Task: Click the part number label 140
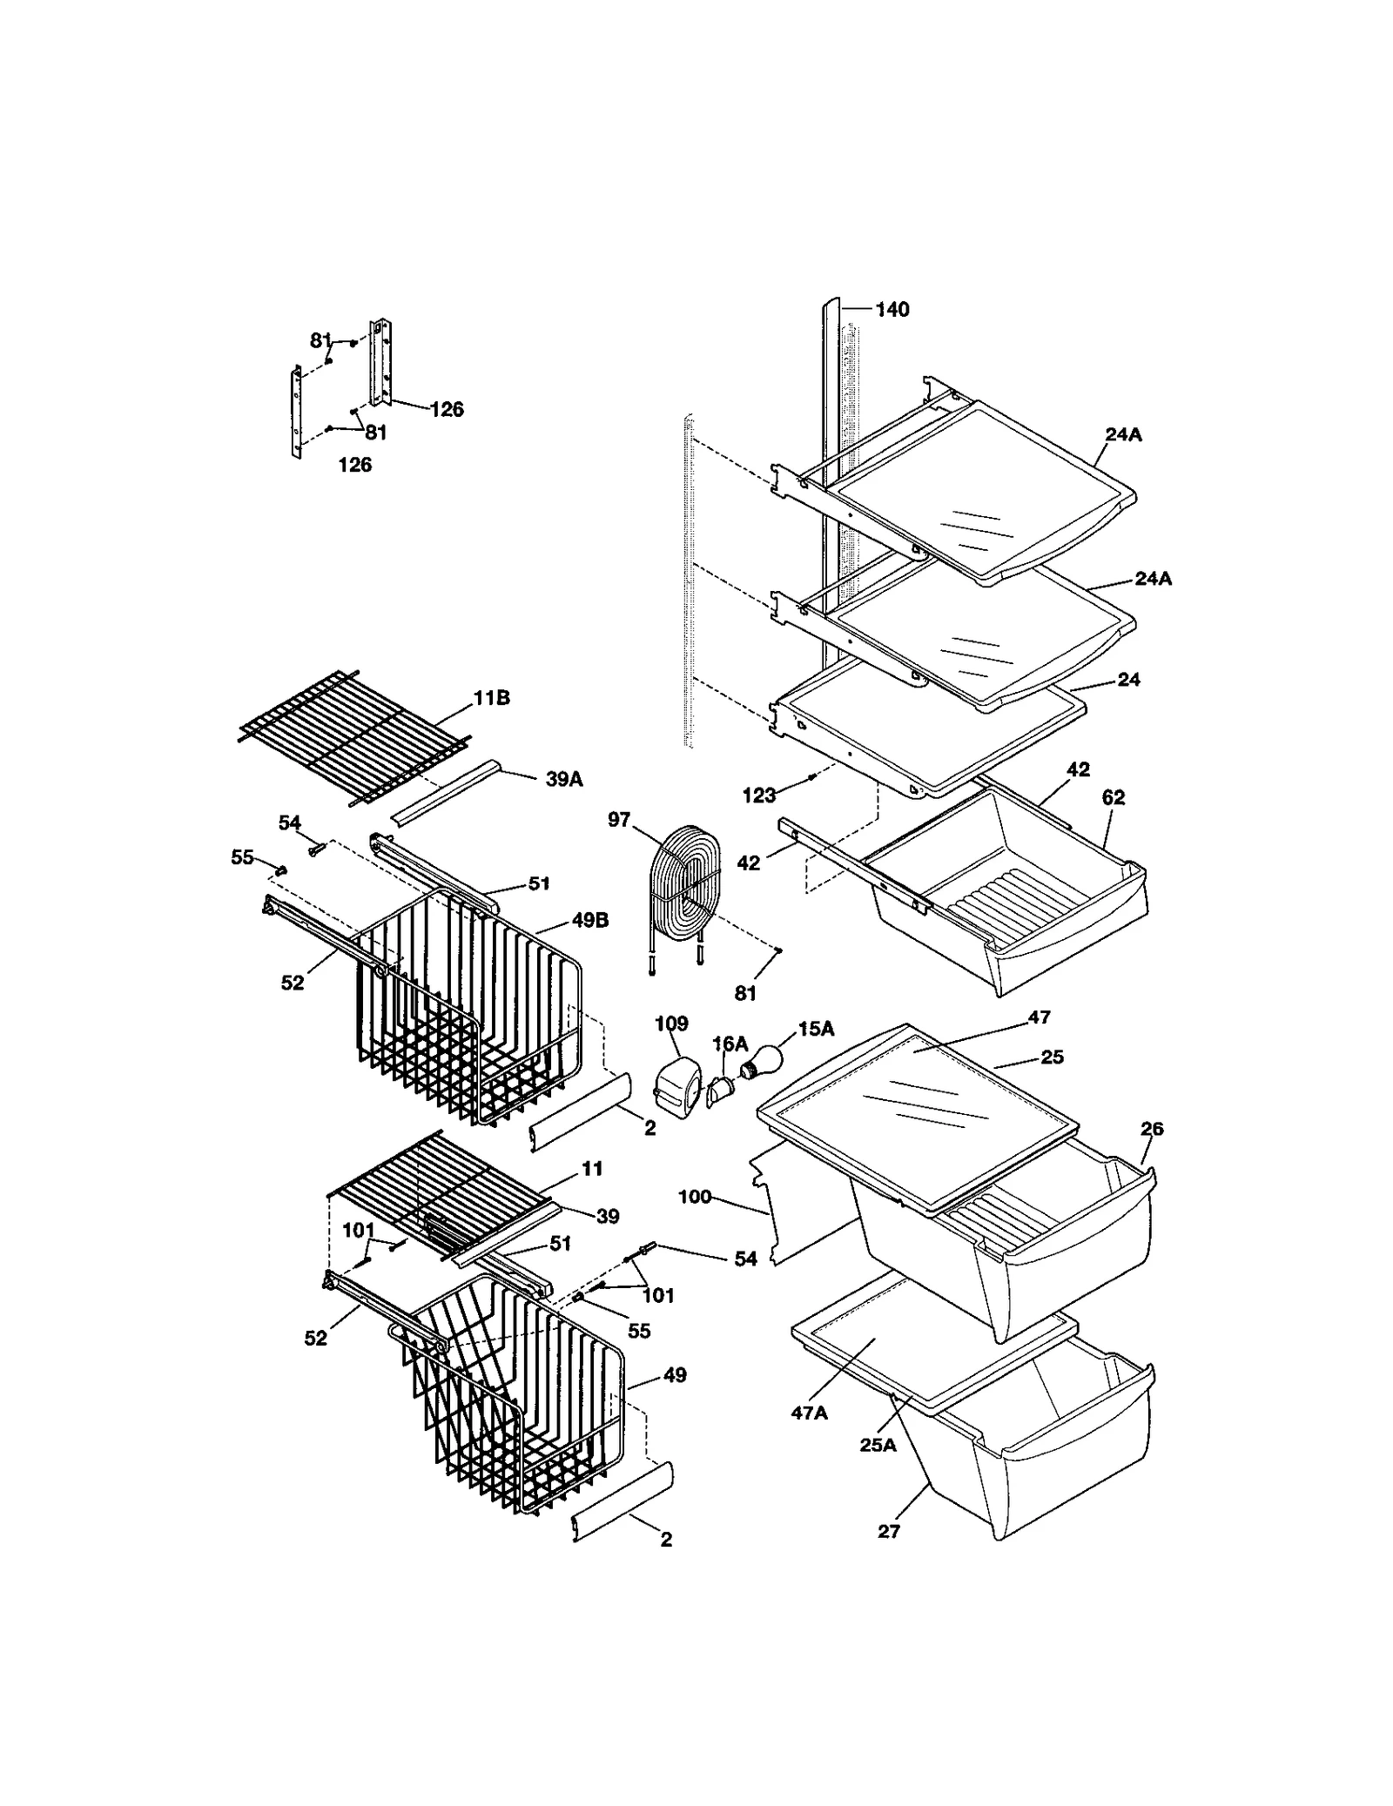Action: [x=892, y=310]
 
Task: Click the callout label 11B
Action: [x=491, y=698]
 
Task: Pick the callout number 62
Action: [x=1113, y=797]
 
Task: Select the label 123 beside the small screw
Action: [x=759, y=795]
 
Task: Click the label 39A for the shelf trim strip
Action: [x=563, y=779]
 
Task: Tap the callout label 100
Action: [x=695, y=1197]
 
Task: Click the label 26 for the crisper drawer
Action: [x=1151, y=1129]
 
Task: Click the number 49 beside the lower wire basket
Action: [x=675, y=1375]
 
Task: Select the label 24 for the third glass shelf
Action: [x=1128, y=680]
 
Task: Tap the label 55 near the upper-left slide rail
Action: [x=242, y=857]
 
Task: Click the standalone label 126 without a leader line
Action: [x=354, y=465]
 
